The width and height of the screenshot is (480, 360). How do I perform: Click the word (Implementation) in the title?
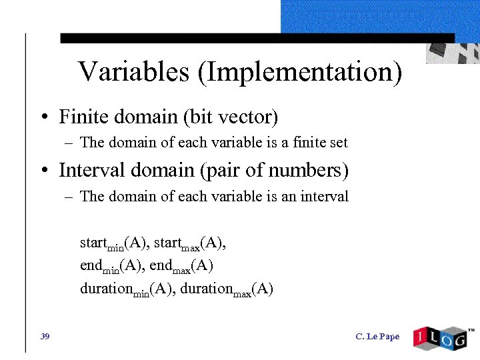click(x=299, y=72)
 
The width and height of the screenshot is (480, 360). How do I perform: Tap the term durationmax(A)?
click(x=227, y=289)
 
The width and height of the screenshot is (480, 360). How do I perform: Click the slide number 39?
click(x=45, y=337)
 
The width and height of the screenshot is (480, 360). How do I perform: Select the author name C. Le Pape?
click(x=378, y=337)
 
